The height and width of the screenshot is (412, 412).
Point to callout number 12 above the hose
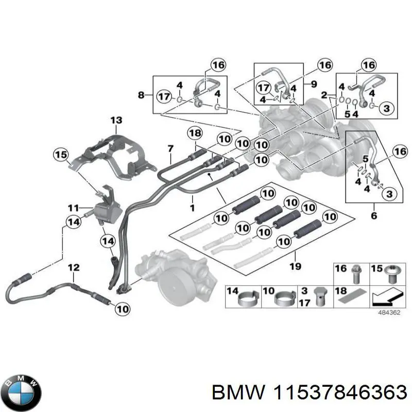click(x=74, y=267)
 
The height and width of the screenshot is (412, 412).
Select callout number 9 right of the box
click(x=314, y=82)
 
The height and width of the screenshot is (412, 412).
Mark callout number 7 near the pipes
click(x=170, y=149)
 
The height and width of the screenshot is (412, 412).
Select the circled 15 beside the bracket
click(x=61, y=153)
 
